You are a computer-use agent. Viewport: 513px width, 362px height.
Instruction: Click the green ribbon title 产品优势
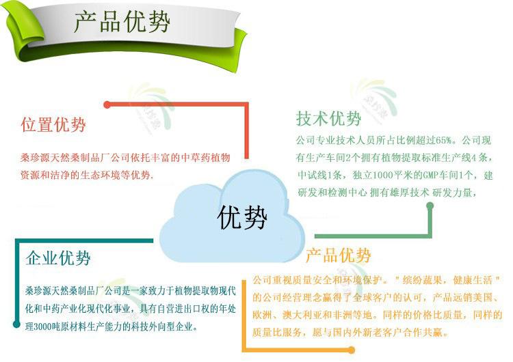122,23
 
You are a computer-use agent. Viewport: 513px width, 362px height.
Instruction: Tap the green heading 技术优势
328,119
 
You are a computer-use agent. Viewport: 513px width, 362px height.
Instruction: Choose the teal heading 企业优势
57,258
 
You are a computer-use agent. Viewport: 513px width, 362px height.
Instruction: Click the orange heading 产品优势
338,255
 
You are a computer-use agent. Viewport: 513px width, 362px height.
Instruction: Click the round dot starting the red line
107,104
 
